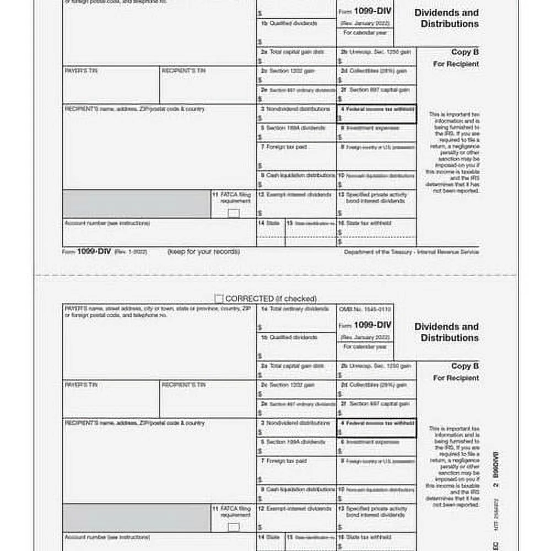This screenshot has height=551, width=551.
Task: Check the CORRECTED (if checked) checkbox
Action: (x=219, y=299)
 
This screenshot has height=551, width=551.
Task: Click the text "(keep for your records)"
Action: (x=203, y=252)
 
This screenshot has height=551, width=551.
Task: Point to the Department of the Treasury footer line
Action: (x=411, y=252)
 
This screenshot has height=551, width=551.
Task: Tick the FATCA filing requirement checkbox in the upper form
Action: (x=234, y=213)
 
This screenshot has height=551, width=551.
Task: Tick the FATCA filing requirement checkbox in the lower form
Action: (x=234, y=527)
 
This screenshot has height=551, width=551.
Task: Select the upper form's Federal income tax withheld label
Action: (x=377, y=109)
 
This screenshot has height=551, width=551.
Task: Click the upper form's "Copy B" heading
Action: (x=464, y=52)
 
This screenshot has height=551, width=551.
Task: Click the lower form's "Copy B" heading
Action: (x=464, y=366)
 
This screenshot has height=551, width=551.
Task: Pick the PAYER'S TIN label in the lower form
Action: (x=81, y=385)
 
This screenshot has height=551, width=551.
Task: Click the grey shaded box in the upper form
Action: (x=136, y=204)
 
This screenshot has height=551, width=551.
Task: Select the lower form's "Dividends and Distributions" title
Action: (x=446, y=332)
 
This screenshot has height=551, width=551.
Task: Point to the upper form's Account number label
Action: (x=107, y=223)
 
